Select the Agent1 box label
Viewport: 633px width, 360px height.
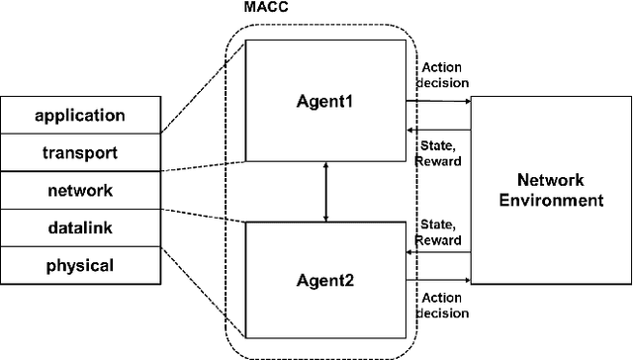(x=325, y=100)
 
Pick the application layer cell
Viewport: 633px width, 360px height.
(x=80, y=116)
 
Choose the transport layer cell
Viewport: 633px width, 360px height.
(x=80, y=153)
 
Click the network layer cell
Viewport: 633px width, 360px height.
(x=80, y=190)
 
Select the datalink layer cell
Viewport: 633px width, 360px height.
(x=80, y=227)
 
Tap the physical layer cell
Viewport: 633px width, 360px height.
(x=80, y=265)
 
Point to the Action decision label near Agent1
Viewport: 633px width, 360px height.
(x=441, y=76)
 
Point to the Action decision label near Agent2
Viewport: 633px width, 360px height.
(x=441, y=306)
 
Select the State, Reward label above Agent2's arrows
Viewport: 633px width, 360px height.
(x=441, y=230)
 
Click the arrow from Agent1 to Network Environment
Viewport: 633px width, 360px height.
(x=439, y=100)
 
